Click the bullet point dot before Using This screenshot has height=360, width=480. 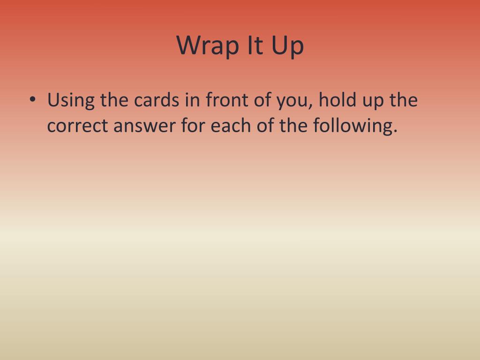32,100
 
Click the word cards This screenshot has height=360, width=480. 157,100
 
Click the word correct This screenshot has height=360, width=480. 78,126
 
